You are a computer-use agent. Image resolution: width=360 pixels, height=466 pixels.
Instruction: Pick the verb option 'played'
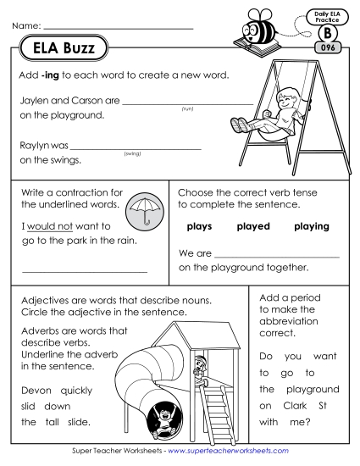coord(253,226)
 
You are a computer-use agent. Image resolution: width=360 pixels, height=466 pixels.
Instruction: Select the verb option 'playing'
coord(312,226)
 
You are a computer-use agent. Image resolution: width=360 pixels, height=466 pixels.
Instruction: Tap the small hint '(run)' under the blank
coord(187,108)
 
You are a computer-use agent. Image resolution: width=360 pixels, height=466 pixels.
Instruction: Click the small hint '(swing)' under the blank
coord(131,153)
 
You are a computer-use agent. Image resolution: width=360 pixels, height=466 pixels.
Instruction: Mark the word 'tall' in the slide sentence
coord(58,422)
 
